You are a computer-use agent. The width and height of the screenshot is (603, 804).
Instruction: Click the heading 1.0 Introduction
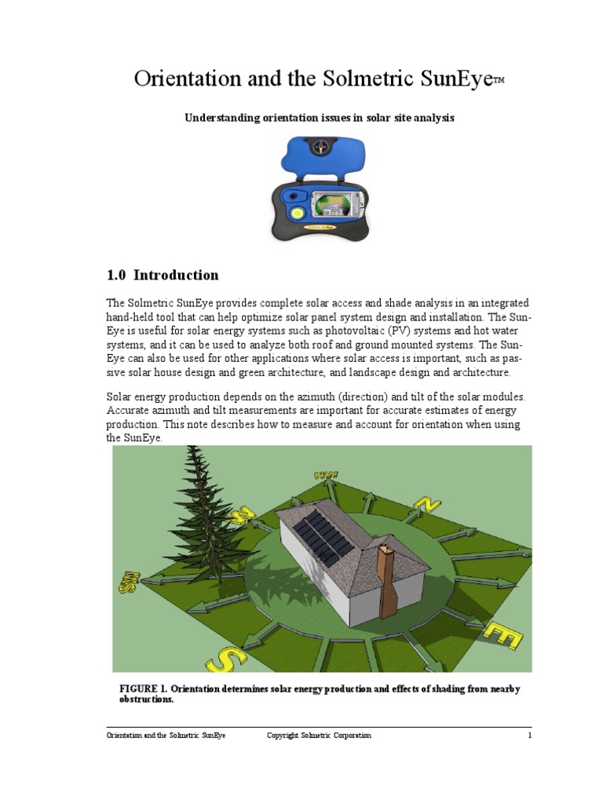click(x=163, y=276)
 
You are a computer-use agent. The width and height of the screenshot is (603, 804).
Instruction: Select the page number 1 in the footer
click(x=530, y=736)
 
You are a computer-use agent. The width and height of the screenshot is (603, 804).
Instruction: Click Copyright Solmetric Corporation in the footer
click(x=319, y=736)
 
